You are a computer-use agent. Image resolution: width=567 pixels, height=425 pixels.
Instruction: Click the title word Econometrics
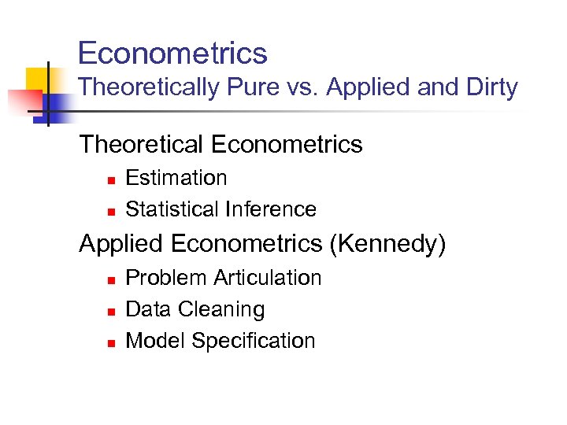[x=172, y=54]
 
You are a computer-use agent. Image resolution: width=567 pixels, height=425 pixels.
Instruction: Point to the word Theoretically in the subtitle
[x=149, y=87]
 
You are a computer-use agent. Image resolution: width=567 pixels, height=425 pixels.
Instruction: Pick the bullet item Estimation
[x=176, y=178]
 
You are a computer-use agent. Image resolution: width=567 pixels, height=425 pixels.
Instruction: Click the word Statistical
[x=172, y=209]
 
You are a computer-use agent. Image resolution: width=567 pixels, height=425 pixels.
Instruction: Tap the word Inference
[x=271, y=209]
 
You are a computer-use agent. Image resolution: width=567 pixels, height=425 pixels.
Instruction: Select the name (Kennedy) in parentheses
[x=387, y=244]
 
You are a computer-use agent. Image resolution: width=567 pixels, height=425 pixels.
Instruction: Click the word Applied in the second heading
[x=121, y=244]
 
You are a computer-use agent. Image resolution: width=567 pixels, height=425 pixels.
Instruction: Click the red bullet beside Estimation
[x=111, y=180]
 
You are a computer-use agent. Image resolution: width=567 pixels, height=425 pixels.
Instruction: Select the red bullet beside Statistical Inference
[x=111, y=211]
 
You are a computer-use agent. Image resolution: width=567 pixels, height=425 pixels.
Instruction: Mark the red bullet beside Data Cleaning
[x=111, y=311]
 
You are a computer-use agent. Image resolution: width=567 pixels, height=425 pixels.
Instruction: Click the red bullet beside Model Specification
[x=111, y=342]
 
